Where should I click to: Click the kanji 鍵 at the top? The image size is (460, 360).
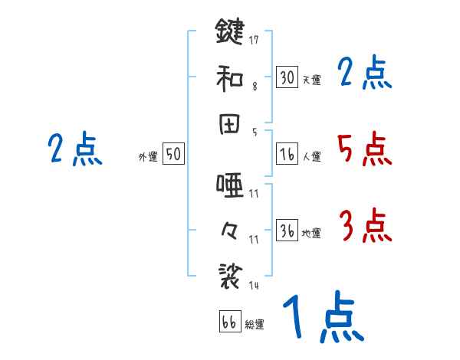pyautogui.click(x=230, y=32)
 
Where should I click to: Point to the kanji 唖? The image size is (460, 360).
pyautogui.click(x=230, y=184)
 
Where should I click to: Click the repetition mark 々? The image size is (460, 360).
pyautogui.click(x=230, y=227)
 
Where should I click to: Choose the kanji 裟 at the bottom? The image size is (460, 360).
pyautogui.click(x=230, y=273)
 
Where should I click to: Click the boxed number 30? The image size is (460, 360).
pyautogui.click(x=287, y=77)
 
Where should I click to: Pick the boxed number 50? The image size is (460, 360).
pyautogui.click(x=173, y=154)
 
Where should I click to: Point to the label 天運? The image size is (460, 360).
pyautogui.click(x=311, y=80)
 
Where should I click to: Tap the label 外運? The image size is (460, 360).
pyautogui.click(x=148, y=156)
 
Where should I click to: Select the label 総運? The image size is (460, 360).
pyautogui.click(x=255, y=324)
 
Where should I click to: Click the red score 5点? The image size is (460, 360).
pyautogui.click(x=365, y=149)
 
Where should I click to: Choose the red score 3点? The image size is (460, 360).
pyautogui.click(x=365, y=227)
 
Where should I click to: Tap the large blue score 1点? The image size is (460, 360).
pyautogui.click(x=323, y=318)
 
